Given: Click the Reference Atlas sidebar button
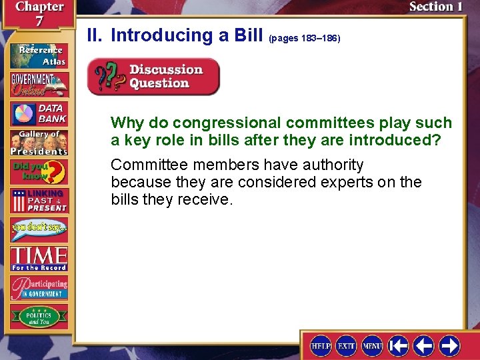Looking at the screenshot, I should tap(38, 55).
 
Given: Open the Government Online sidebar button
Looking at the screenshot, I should tap(38, 85).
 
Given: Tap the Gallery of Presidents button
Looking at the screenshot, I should tap(38, 142).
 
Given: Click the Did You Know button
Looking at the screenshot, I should tap(38, 172).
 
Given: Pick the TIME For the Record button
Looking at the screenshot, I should tap(38, 258).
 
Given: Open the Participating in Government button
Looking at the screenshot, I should tap(38, 287).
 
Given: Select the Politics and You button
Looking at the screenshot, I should tap(38, 316).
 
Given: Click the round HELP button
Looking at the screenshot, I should tap(321, 345).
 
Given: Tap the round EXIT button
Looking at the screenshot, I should tap(347, 345).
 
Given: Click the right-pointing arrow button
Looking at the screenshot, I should tap(449, 345).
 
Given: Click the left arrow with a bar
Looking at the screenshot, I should tap(398, 345).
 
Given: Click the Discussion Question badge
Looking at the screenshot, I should tap(154, 77).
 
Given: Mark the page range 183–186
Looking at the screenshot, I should tap(304, 39).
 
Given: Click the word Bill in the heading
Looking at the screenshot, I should tap(249, 35).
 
